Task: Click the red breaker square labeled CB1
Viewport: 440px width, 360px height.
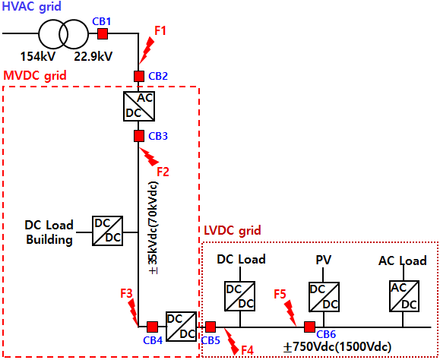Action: pos(103,34)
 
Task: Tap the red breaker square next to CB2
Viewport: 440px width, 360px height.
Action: pos(139,76)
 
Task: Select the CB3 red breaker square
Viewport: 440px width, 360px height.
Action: pos(139,136)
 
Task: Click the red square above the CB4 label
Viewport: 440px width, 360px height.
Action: pos(153,327)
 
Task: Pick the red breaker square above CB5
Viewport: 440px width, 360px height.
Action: pos(211,327)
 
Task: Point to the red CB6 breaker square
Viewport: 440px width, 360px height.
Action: pos(309,327)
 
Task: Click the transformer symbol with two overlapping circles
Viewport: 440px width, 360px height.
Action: pos(63,34)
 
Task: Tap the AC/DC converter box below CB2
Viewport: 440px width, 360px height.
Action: pos(139,106)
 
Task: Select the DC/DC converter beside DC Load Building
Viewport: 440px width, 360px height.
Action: pos(107,231)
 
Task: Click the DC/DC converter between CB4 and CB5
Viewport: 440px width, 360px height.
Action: pos(181,327)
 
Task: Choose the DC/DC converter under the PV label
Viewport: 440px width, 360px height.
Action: pos(324,297)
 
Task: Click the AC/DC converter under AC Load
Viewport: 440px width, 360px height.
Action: pos(404,296)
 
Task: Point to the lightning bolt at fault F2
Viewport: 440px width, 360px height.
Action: pos(149,156)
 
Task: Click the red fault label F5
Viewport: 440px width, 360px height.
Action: pos(280,294)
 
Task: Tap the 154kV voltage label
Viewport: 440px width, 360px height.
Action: pos(38,57)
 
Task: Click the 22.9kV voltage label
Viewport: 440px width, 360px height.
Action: pos(93,56)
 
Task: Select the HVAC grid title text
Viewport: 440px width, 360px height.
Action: pos(32,6)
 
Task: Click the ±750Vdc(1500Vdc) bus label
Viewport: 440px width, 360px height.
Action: pos(337,347)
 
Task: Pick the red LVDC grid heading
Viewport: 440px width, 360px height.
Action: pos(233,230)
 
